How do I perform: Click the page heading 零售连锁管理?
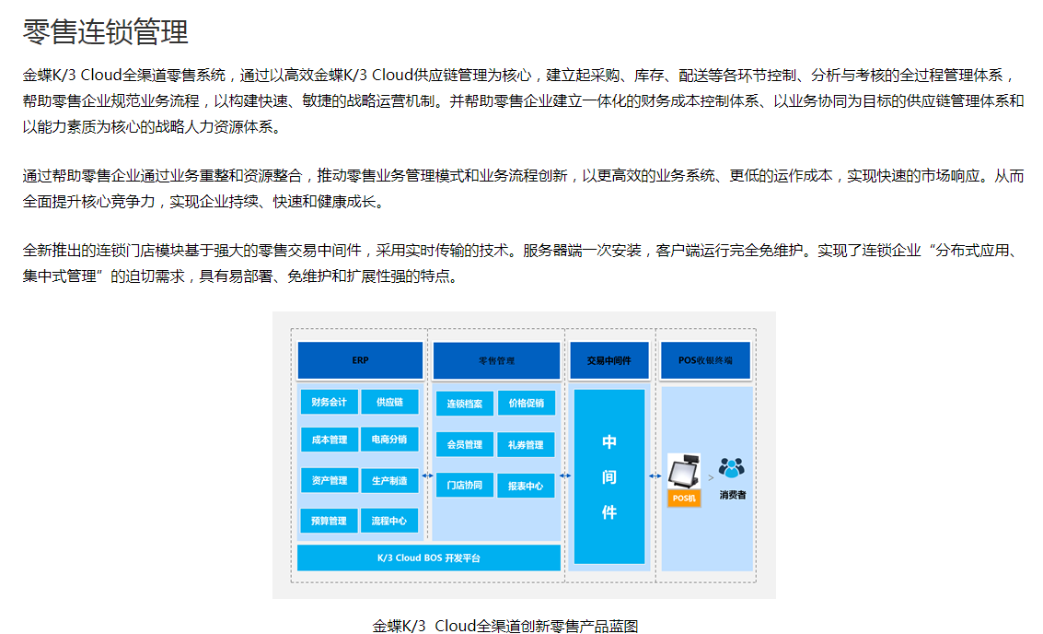106,32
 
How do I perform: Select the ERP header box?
360,360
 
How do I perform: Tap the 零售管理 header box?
496,361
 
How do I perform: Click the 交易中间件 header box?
608,360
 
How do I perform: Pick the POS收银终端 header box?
705,360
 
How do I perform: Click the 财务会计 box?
329,403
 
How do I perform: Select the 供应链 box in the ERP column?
389,403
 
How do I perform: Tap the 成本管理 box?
329,440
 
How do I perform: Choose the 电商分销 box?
389,440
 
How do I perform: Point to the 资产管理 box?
329,480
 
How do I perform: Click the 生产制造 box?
389,480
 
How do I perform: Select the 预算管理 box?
329,521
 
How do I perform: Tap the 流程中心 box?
389,521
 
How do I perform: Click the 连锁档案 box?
464,404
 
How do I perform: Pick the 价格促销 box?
526,404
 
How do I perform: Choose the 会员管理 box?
464,444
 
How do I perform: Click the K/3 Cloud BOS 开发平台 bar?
429,558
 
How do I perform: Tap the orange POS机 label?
684,498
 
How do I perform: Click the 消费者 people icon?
732,469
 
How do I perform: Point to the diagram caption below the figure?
505,626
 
